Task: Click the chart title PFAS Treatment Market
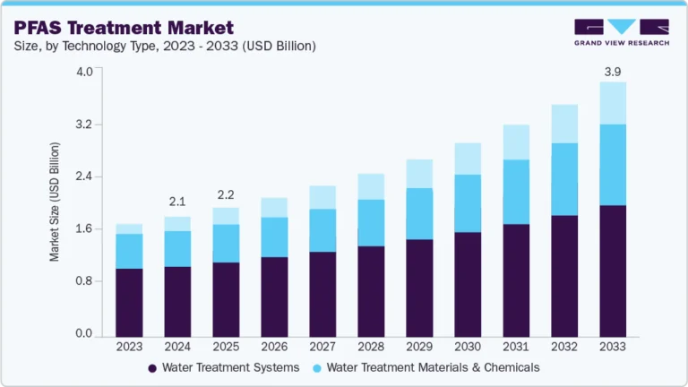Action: pyautogui.click(x=124, y=28)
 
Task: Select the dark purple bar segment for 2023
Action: pyautogui.click(x=129, y=302)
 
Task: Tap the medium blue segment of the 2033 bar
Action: pyautogui.click(x=613, y=165)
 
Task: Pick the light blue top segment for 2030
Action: pyautogui.click(x=468, y=159)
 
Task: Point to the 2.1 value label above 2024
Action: pyautogui.click(x=177, y=202)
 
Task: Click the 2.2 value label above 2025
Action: pyautogui.click(x=226, y=193)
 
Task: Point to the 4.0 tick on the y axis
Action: pyautogui.click(x=83, y=72)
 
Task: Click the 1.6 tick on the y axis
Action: pyautogui.click(x=83, y=229)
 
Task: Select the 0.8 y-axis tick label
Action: pyautogui.click(x=83, y=281)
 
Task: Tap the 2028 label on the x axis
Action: pyautogui.click(x=371, y=347)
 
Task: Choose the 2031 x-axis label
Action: pyautogui.click(x=516, y=347)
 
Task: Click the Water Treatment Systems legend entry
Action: pyautogui.click(x=223, y=367)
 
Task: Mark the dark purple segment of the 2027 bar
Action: pyautogui.click(x=322, y=294)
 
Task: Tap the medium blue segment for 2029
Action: pyautogui.click(x=419, y=214)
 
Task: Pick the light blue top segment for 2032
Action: pyautogui.click(x=564, y=124)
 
